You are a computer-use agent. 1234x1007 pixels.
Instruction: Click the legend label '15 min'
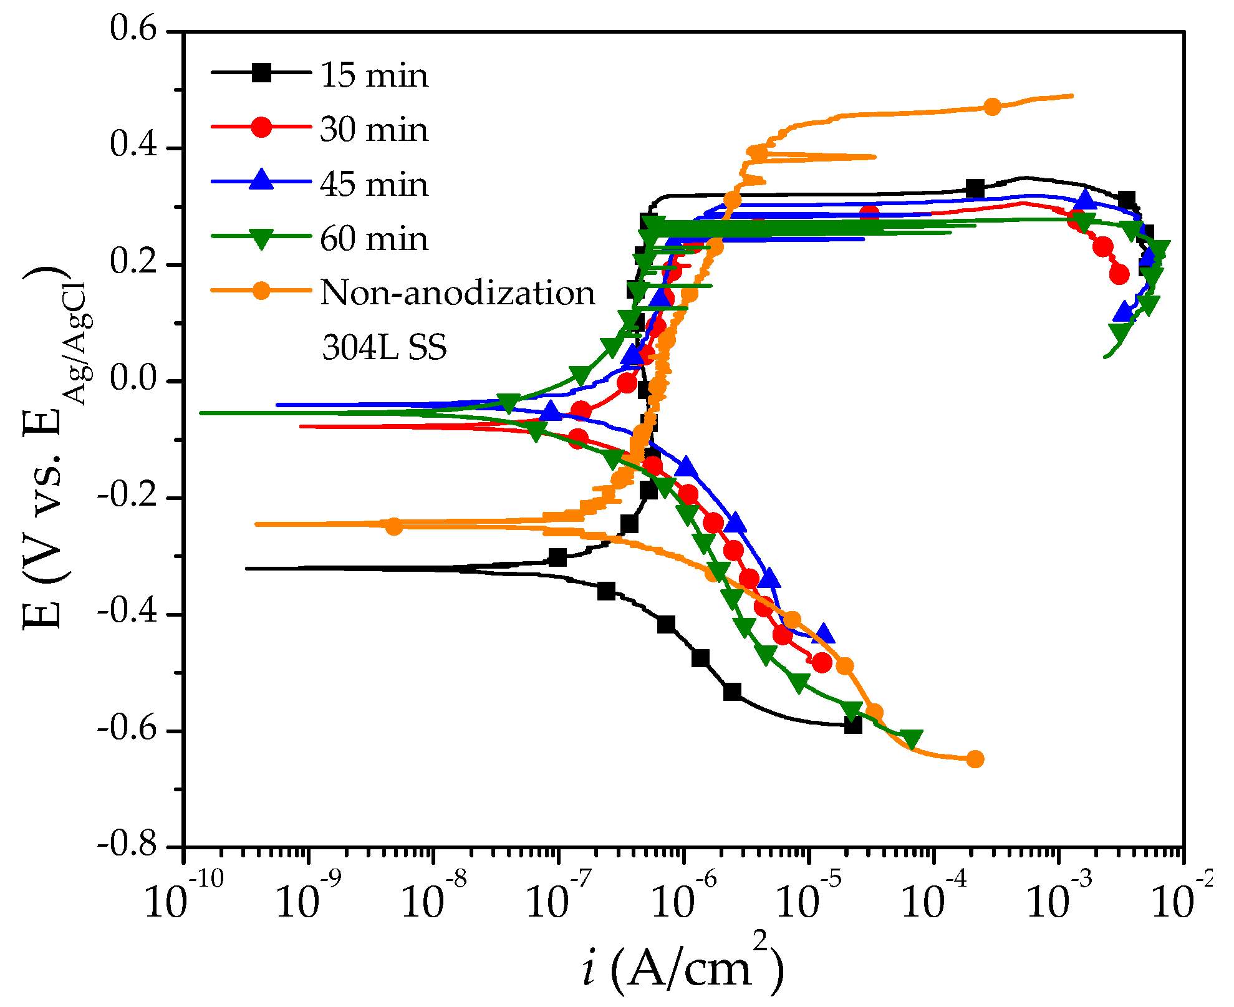(x=374, y=76)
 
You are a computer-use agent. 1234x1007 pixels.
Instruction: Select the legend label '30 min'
(x=374, y=130)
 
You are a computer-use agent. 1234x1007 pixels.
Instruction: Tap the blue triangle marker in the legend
(x=262, y=181)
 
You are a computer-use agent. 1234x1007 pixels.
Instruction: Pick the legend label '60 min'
(x=374, y=239)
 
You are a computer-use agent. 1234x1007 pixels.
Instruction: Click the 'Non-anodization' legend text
(x=458, y=293)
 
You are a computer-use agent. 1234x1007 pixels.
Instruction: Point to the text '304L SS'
(x=384, y=348)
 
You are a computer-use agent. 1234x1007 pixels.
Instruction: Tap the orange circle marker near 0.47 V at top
(x=992, y=107)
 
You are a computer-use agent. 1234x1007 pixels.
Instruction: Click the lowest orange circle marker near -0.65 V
(x=975, y=759)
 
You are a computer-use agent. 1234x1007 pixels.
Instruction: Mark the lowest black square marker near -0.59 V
(x=853, y=725)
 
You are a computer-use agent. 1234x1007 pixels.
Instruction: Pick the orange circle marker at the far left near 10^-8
(x=393, y=526)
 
